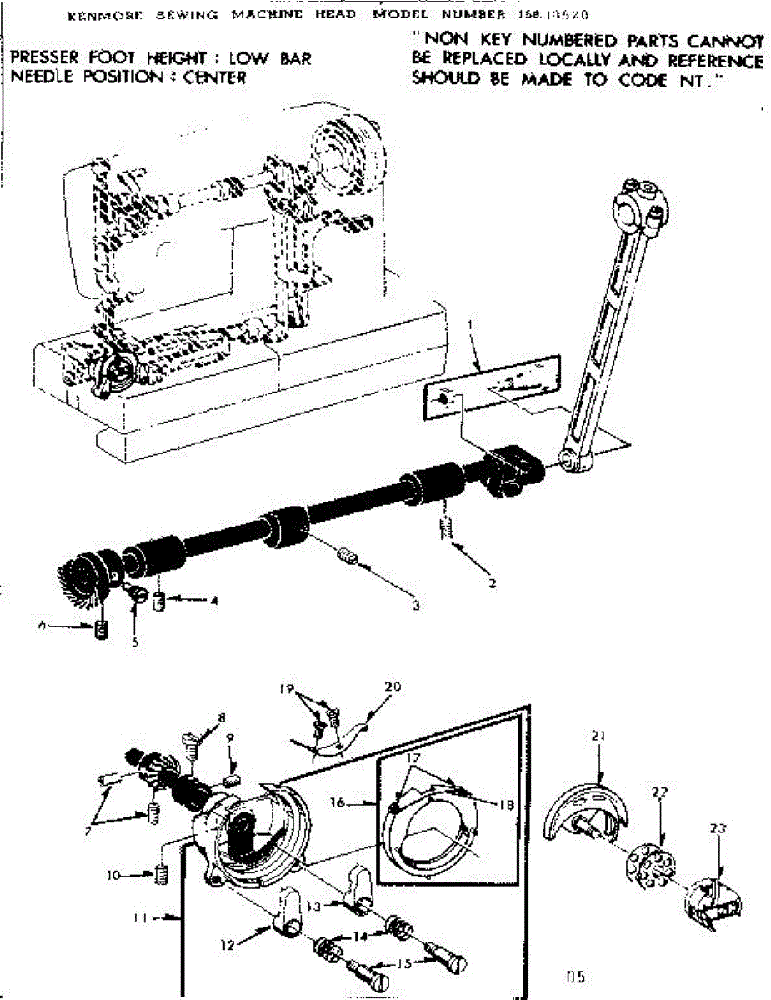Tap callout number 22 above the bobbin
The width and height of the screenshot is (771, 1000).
[x=660, y=792]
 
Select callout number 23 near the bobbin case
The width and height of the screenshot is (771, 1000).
[x=718, y=828]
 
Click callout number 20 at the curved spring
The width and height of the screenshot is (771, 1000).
[x=393, y=687]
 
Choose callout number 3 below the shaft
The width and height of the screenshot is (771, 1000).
[x=415, y=606]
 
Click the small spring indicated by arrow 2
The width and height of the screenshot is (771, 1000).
[x=448, y=527]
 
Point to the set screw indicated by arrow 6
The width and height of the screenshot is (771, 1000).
[x=102, y=629]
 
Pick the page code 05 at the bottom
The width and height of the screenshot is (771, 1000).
[x=574, y=971]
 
